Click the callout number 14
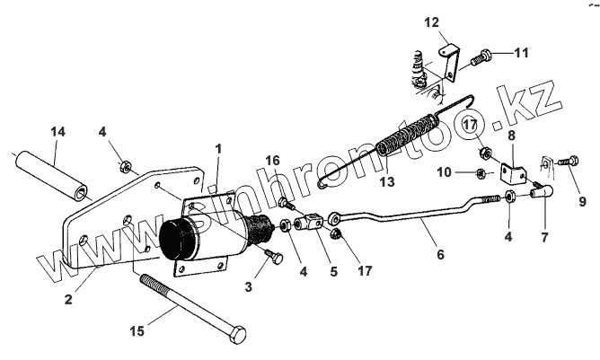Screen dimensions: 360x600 click(x=57, y=133)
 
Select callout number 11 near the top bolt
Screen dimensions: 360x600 click(x=522, y=53)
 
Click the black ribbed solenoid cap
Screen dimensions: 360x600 click(x=177, y=241)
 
